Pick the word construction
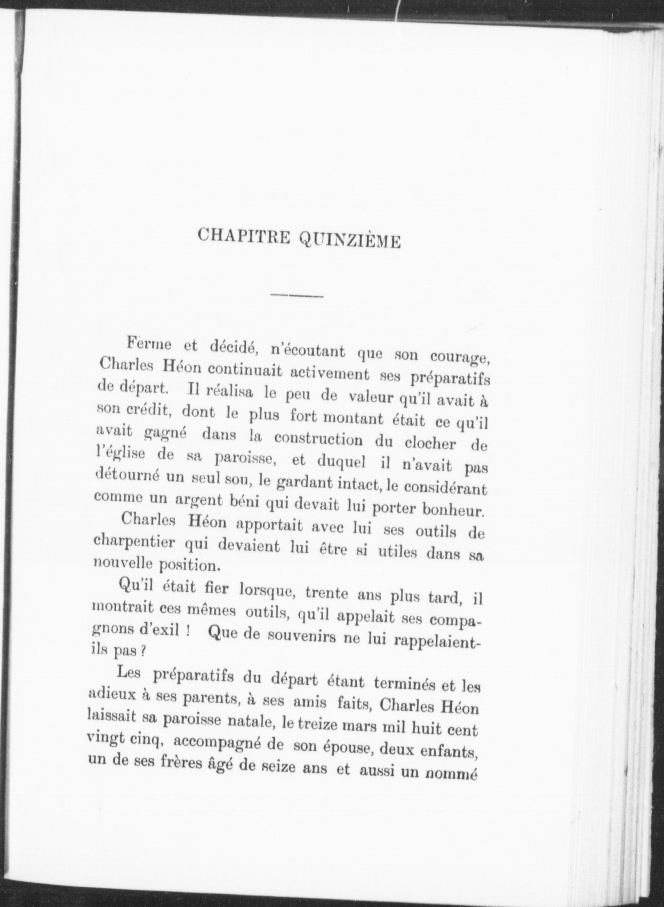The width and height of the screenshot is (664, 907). coord(318,438)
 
